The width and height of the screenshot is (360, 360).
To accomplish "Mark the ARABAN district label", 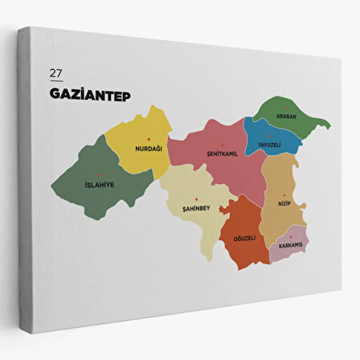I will pyautogui.click(x=287, y=117).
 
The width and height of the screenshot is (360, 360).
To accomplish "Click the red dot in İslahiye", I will pyautogui.click(x=100, y=174).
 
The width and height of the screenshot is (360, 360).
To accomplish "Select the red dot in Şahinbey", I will pyautogui.click(x=195, y=198).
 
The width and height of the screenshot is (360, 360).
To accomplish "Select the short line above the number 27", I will pyautogui.click(x=55, y=63).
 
